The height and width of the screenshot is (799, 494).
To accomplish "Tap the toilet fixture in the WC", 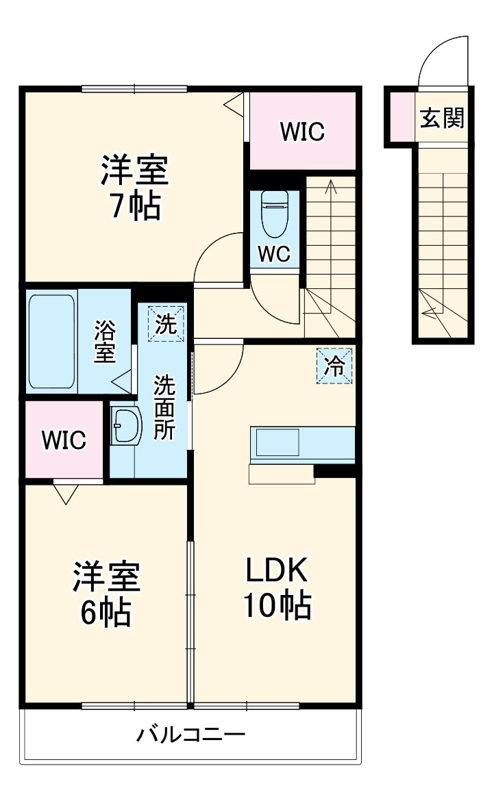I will tap(275, 213).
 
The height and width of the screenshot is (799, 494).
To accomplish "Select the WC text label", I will tap(274, 254).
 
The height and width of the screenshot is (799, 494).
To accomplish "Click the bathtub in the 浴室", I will tap(51, 342).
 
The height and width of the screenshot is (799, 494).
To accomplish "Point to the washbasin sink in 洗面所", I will tap(126, 427).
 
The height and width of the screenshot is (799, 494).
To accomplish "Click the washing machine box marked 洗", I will tap(165, 322).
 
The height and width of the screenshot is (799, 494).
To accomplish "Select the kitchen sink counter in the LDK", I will tap(302, 444).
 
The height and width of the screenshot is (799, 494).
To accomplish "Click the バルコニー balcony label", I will tap(190, 737).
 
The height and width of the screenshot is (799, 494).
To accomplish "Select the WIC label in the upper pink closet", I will tap(302, 131).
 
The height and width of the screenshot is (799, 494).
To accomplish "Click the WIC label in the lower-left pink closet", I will tap(64, 440).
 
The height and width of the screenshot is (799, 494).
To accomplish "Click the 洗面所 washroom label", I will tap(164, 407).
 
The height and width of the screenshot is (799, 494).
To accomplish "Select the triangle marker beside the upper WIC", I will tap(235, 105).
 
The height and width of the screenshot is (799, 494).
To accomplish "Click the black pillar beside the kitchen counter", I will tap(335, 471).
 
